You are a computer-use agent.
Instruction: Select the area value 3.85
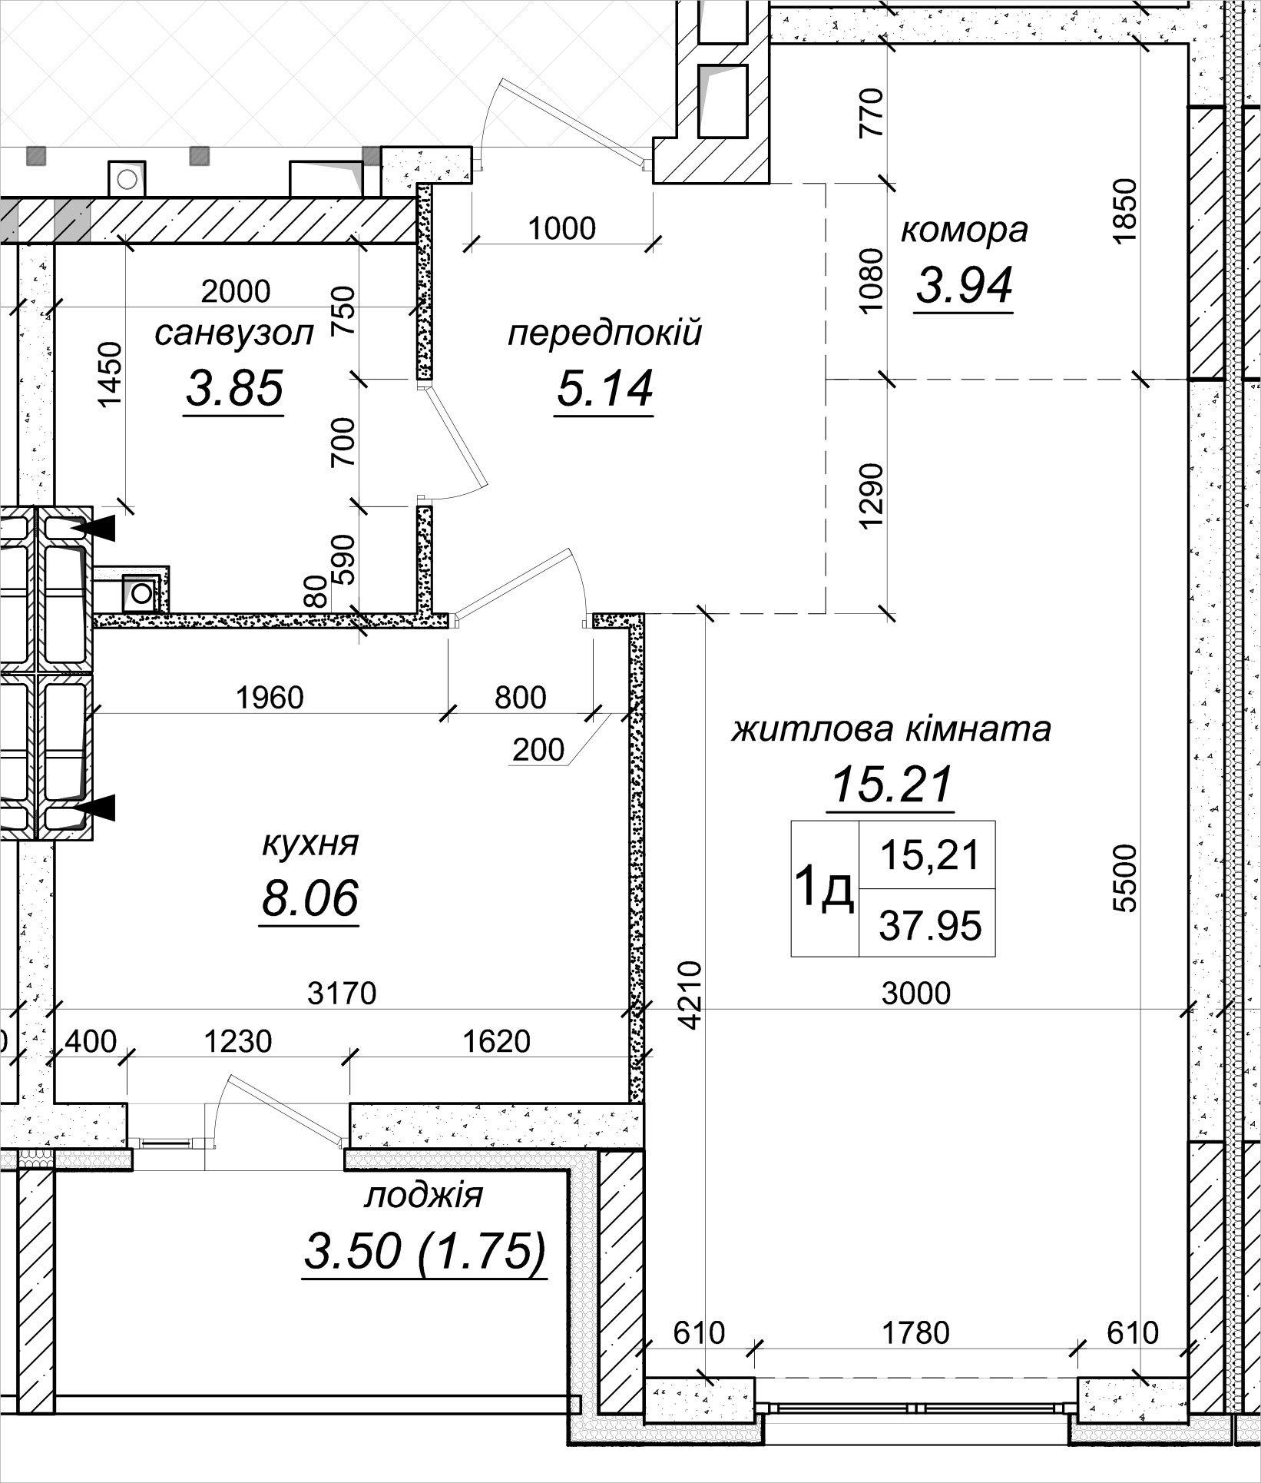234,388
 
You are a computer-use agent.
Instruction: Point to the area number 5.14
604,388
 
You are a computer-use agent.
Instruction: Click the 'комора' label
964,230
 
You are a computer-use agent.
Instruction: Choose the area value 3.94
964,285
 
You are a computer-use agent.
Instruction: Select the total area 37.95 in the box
930,925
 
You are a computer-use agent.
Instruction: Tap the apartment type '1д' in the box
824,889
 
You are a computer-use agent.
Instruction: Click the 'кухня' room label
310,844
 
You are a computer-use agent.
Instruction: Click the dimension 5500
1125,878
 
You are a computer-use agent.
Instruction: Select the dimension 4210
690,995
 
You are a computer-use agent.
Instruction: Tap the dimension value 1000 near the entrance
562,229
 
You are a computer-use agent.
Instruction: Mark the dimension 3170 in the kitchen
342,994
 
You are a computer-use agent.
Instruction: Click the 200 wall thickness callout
538,749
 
